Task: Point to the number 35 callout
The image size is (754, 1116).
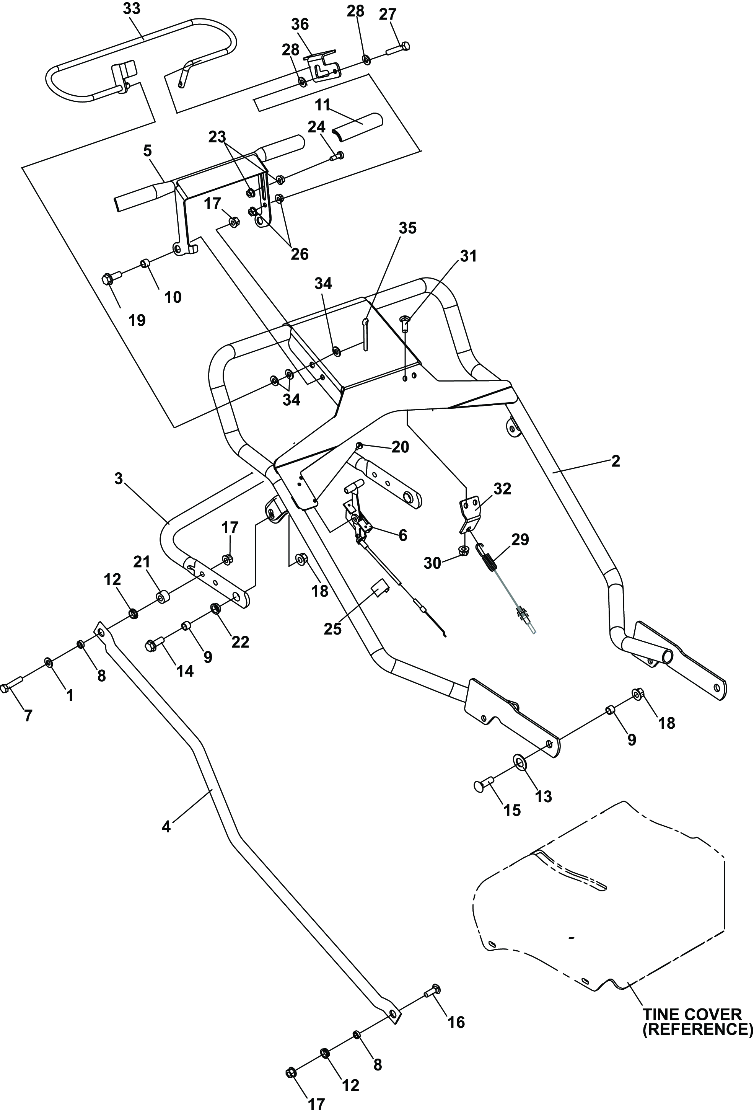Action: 407,228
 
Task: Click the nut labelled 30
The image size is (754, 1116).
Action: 464,550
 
